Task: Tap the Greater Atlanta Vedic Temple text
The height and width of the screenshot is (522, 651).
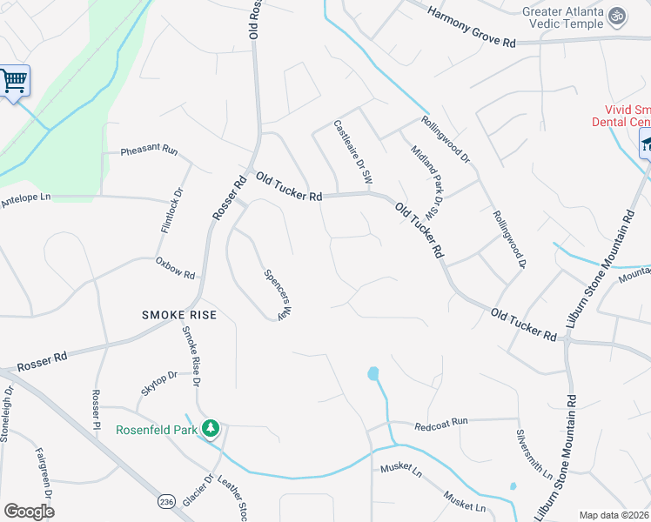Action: pyautogui.click(x=562, y=17)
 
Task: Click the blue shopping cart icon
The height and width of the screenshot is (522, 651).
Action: pyautogui.click(x=13, y=81)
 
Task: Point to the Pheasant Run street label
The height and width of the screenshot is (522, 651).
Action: pyautogui.click(x=149, y=151)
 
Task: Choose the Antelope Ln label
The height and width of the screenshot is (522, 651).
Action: pyautogui.click(x=26, y=197)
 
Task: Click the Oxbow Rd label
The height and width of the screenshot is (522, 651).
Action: pyautogui.click(x=175, y=267)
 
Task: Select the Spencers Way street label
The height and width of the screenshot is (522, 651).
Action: pyautogui.click(x=276, y=293)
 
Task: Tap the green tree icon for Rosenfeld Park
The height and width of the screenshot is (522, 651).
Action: pyautogui.click(x=210, y=428)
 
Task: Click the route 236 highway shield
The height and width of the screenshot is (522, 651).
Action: pyautogui.click(x=167, y=502)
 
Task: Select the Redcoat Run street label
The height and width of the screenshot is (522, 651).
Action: pyautogui.click(x=441, y=422)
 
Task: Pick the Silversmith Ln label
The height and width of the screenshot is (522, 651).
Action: pyautogui.click(x=534, y=453)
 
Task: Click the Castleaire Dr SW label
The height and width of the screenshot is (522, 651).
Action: pyautogui.click(x=353, y=151)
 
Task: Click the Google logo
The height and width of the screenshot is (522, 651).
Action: pyautogui.click(x=29, y=512)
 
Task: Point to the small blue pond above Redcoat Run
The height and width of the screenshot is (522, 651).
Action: pyautogui.click(x=373, y=374)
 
